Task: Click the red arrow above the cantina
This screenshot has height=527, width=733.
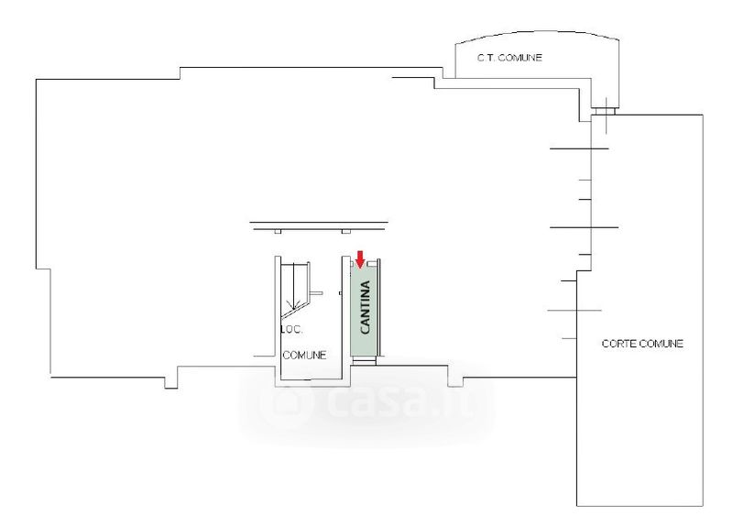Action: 360,258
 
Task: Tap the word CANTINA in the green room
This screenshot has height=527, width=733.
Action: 365,310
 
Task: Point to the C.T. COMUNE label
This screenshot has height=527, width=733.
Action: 509,58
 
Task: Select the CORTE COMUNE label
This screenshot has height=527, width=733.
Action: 642,343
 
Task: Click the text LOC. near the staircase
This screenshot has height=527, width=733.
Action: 290,329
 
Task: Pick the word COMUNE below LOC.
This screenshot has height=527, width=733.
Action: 304,355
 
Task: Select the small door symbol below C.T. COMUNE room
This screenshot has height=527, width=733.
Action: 604,110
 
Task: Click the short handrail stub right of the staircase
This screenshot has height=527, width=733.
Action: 316,293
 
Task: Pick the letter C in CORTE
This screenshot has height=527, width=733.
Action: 605,343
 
